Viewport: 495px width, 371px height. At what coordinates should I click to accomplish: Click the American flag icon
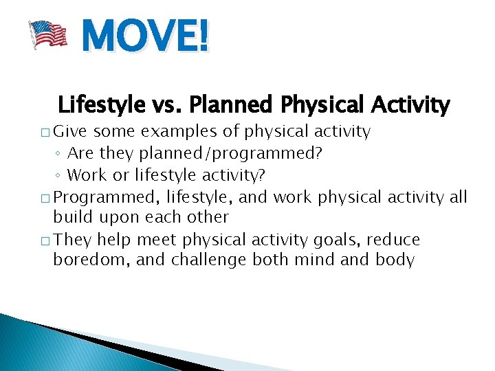point(47,34)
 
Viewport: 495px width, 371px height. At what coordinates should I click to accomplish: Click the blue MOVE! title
point(144,36)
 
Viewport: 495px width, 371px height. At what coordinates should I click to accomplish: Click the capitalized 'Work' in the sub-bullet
point(85,175)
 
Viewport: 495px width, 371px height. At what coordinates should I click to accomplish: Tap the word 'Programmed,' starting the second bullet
point(107,198)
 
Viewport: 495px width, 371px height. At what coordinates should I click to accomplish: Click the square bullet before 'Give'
point(46,132)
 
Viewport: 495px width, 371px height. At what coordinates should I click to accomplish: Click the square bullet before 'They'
point(46,240)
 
